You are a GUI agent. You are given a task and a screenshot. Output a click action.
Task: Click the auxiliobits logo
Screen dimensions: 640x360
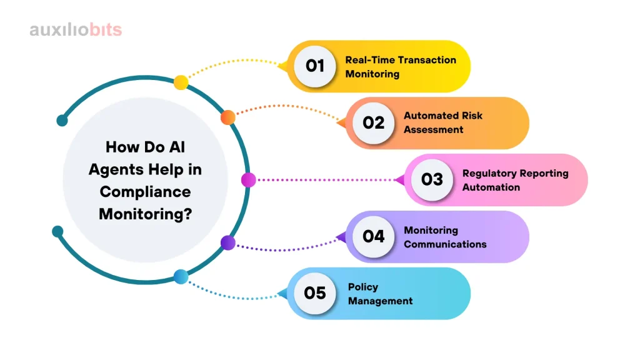tap(76, 30)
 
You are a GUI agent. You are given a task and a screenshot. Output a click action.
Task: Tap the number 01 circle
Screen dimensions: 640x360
tap(315, 66)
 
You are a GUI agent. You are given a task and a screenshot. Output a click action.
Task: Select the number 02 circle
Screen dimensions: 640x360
tap(374, 123)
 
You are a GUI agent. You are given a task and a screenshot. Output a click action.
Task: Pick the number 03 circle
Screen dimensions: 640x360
tap(432, 179)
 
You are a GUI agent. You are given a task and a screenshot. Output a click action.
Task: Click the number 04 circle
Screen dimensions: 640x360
tap(374, 236)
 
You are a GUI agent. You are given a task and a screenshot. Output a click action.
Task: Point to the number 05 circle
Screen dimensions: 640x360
tap(315, 293)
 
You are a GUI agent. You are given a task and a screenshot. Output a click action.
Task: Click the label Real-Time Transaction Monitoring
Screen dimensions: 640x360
tap(401, 66)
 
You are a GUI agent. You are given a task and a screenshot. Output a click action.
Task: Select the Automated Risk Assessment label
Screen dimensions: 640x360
tap(443, 122)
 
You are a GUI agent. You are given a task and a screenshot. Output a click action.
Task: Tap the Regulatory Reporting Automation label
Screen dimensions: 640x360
tap(515, 180)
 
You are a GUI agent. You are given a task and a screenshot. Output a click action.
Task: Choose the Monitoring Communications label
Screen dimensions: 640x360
tap(445, 237)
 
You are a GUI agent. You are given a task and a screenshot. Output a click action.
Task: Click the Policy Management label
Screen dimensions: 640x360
tap(380, 294)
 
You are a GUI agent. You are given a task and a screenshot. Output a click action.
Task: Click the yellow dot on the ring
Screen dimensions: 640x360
tap(181, 82)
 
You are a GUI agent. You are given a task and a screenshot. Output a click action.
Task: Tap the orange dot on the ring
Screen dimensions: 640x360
tap(227, 117)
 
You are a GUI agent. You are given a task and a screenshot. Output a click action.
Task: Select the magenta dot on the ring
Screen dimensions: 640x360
tap(248, 179)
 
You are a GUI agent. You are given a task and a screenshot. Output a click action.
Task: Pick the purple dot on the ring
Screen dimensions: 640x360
tap(227, 243)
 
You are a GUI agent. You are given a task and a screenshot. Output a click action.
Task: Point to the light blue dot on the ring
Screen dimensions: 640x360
tap(181, 277)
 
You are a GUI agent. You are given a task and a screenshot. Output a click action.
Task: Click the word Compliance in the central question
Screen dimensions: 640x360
tap(145, 192)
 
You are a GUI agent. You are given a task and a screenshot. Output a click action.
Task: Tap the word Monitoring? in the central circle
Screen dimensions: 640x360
tap(145, 214)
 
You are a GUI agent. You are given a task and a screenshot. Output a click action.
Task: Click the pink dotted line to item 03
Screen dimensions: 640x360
tap(326, 180)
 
